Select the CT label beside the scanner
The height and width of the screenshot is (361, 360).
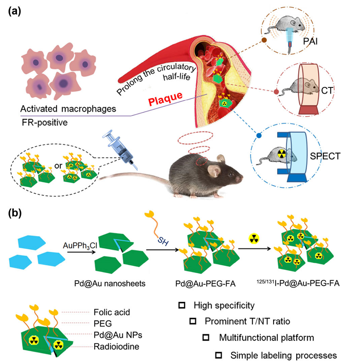click(329, 91)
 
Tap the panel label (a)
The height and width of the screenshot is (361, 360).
click(14, 12)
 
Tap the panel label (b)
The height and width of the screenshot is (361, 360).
click(14, 212)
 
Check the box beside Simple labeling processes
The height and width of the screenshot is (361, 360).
click(219, 355)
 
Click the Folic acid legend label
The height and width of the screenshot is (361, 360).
click(111, 312)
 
